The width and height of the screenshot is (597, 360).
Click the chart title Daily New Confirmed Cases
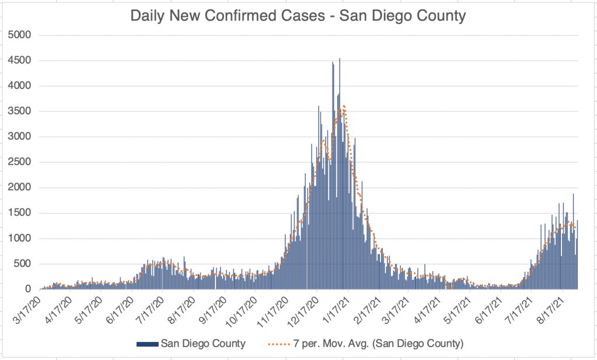point(298,15)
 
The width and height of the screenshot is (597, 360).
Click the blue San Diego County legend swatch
point(147,344)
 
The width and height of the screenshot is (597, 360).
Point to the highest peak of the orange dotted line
point(344,106)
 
